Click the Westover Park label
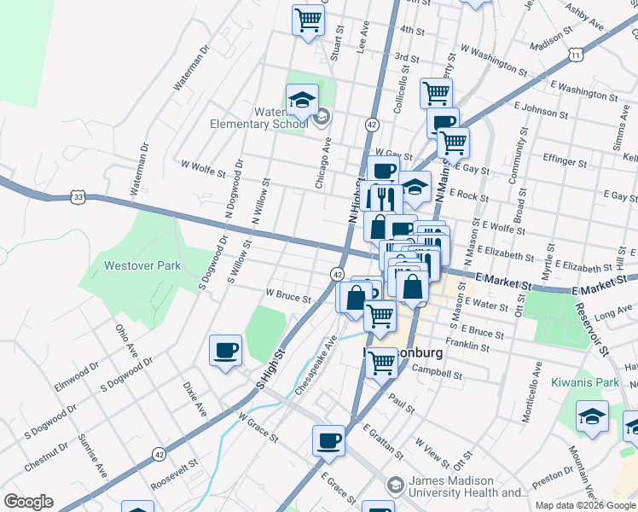[142, 265]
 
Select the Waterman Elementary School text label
[258, 118]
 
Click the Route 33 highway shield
[78, 197]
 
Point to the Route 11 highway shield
[577, 55]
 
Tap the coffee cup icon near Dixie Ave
[225, 351]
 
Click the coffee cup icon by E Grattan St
[328, 441]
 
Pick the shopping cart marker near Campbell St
[381, 363]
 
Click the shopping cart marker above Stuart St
[308, 20]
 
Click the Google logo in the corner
[28, 502]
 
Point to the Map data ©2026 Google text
[585, 504]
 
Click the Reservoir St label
[593, 329]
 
